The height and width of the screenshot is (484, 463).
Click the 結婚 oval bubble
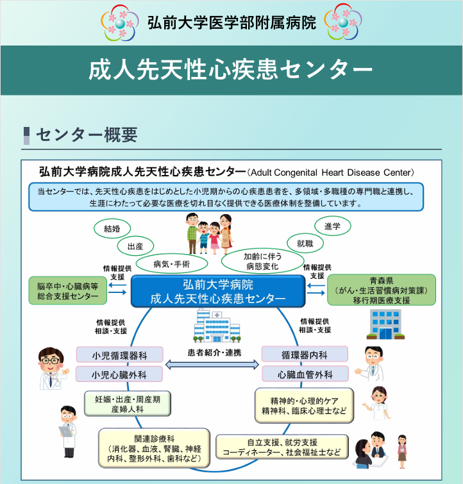click(112, 228)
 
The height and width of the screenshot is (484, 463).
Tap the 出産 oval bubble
click(135, 246)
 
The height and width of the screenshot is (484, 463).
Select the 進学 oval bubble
click(333, 226)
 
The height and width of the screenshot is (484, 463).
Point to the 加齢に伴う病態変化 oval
click(260, 260)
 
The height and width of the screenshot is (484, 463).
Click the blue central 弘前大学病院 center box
click(217, 291)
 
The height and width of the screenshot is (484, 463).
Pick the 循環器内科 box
click(305, 355)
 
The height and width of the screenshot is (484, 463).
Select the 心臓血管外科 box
click(305, 374)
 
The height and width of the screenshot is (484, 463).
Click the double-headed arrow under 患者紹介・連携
click(212, 365)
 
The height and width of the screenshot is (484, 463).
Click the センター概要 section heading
click(85, 134)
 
